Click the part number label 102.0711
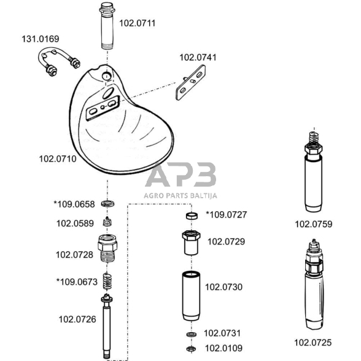138,23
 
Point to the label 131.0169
41,39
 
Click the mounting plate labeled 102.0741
190,82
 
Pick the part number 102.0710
58,159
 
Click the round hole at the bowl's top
107,76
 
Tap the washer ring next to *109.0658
107,204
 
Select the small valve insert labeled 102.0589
107,222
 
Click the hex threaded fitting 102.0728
107,248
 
